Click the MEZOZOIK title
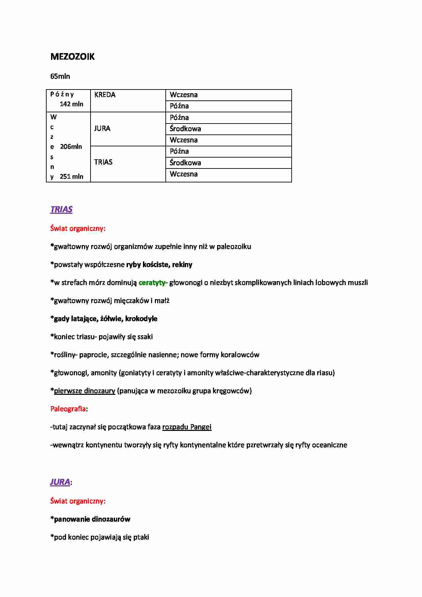pyautogui.click(x=72, y=57)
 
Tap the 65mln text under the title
pyautogui.click(x=60, y=76)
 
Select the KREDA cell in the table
pyautogui.click(x=105, y=95)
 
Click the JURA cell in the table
pyautogui.click(x=102, y=128)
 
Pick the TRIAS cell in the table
pyautogui.click(x=103, y=162)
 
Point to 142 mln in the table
pyautogui.click(x=71, y=104)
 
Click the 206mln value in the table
pyautogui.click(x=71, y=147)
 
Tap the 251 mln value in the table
pyautogui.click(x=71, y=176)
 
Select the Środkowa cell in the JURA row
pyautogui.click(x=185, y=129)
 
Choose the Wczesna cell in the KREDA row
pyautogui.click(x=184, y=95)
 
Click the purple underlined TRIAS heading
pyautogui.click(x=61, y=209)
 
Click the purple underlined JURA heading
pyautogui.click(x=60, y=482)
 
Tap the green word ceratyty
pyautogui.click(x=152, y=283)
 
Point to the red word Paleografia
pyautogui.click(x=68, y=409)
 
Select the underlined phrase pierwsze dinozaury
pyautogui.click(x=84, y=391)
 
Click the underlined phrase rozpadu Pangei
pyautogui.click(x=187, y=427)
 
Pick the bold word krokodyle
pyautogui.click(x=141, y=319)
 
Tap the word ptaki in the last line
pyautogui.click(x=141, y=537)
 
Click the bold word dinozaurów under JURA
pyautogui.click(x=111, y=519)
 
